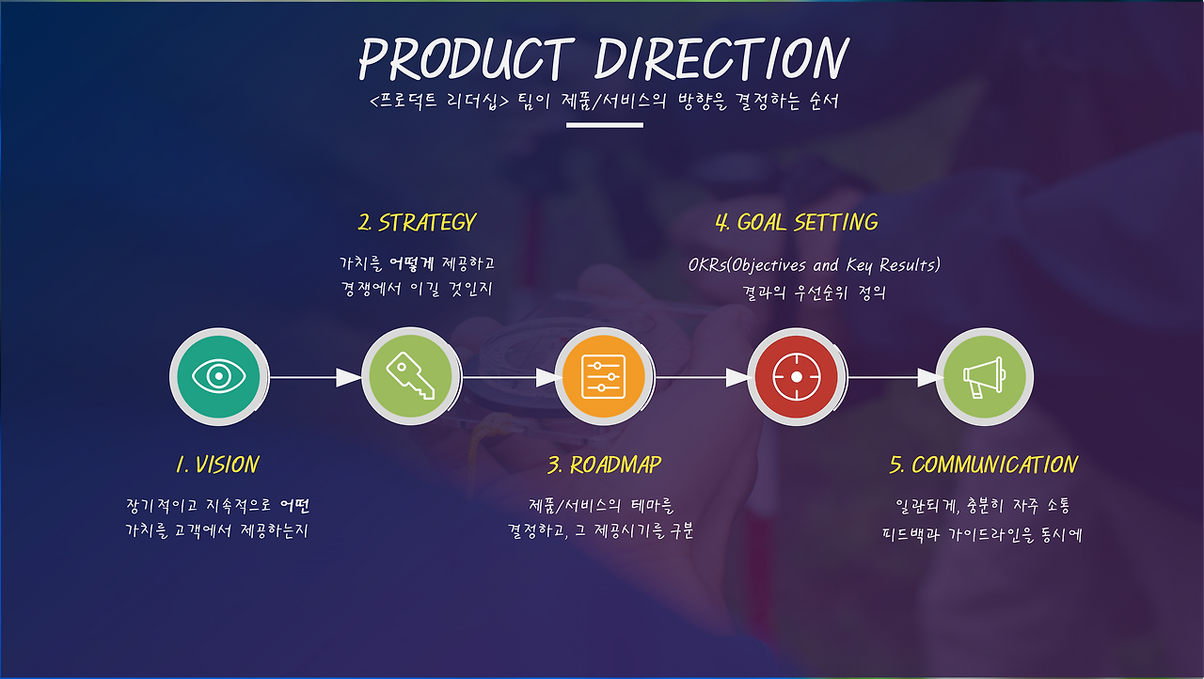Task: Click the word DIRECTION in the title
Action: coord(721,58)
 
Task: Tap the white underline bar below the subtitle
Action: coord(605,125)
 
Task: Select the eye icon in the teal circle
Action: coord(219,376)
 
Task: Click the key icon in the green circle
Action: coord(411,375)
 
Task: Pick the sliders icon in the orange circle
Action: coord(604,376)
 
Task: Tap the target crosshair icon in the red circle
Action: coord(797,376)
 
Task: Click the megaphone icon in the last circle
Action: coord(984,377)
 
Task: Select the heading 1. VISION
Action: coord(217,465)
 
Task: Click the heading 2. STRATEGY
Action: coord(417,222)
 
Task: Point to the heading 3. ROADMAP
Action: coord(604,465)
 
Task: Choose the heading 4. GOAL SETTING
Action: coord(797,222)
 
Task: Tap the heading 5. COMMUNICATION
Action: coord(984,465)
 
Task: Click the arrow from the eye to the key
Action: coord(315,377)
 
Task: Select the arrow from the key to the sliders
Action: coord(513,377)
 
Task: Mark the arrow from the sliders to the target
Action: coord(703,377)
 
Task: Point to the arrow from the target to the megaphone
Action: coord(895,377)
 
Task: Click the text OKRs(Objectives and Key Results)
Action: coord(815,265)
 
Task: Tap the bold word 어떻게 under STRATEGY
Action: coord(411,263)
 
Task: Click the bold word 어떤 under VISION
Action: coord(295,506)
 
